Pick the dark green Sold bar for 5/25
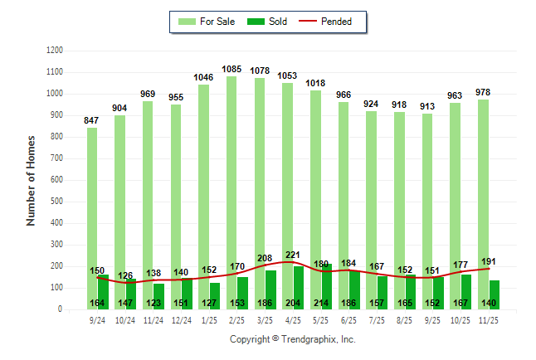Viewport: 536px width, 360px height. pyautogui.click(x=326, y=282)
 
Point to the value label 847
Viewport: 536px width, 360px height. pyautogui.click(x=91, y=120)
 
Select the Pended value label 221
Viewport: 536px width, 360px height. pyautogui.click(x=292, y=255)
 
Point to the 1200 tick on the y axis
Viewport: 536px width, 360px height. pyautogui.click(x=55, y=51)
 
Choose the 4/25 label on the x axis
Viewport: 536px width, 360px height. pyautogui.click(x=292, y=319)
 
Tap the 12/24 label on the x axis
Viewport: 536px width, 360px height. pyautogui.click(x=181, y=319)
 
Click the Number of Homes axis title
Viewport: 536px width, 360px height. pyautogui.click(x=31, y=180)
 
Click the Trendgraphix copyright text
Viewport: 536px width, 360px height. pyautogui.click(x=292, y=339)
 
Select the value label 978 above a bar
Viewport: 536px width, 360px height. pyautogui.click(x=483, y=92)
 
